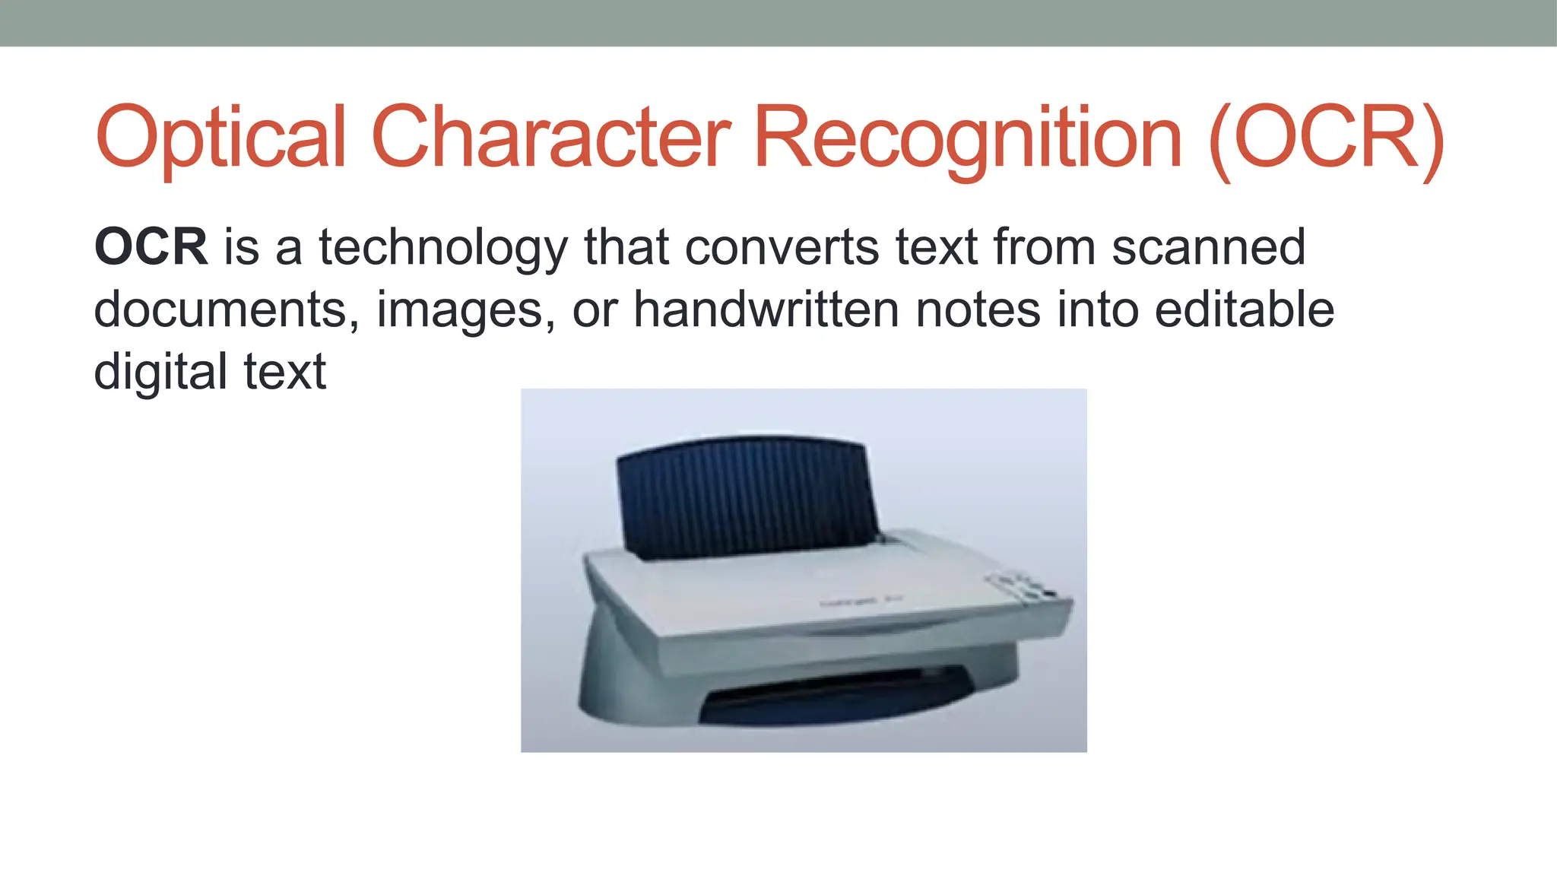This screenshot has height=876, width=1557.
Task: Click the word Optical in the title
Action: (x=220, y=138)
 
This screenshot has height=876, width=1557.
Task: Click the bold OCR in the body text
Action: (x=151, y=247)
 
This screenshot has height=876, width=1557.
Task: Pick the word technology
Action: (x=442, y=249)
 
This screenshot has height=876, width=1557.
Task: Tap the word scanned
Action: (x=1209, y=247)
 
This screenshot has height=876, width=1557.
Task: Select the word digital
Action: (x=160, y=373)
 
